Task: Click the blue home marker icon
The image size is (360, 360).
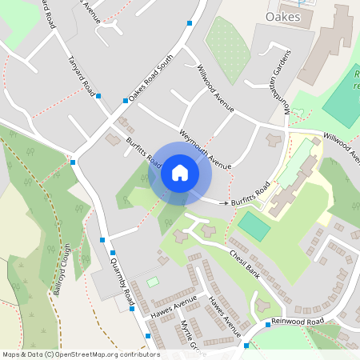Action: click(x=179, y=173)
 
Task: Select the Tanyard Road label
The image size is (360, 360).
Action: click(x=78, y=77)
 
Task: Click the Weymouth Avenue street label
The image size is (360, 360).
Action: click(x=205, y=149)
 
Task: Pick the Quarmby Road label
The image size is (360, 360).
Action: click(x=122, y=278)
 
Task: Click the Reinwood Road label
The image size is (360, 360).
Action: click(x=297, y=322)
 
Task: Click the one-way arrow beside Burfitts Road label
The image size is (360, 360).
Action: click(x=223, y=205)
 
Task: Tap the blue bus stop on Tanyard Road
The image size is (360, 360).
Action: click(x=98, y=96)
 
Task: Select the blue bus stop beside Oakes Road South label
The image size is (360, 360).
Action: click(x=126, y=101)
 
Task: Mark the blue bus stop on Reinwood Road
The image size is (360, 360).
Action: click(x=246, y=346)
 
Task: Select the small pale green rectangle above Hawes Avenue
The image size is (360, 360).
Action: click(x=152, y=282)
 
